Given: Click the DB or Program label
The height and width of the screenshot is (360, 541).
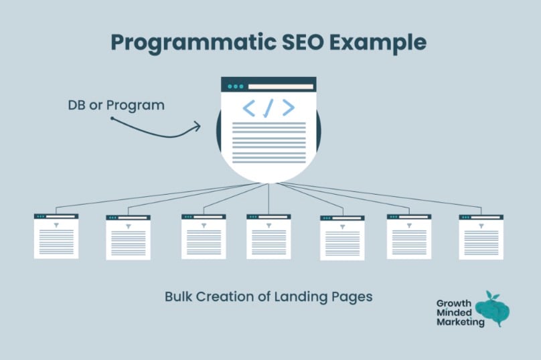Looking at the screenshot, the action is click(116, 106).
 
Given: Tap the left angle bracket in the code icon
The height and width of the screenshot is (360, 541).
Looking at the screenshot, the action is click(248, 108).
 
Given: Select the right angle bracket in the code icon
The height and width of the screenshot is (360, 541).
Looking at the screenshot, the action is click(288, 108).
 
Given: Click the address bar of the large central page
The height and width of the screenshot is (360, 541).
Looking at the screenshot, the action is click(280, 86).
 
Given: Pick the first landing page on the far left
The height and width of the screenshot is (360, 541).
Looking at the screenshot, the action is click(56, 236).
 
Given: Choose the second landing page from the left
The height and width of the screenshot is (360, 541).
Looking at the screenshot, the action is click(128, 238).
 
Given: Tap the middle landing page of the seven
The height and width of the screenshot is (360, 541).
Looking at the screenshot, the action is click(268, 236).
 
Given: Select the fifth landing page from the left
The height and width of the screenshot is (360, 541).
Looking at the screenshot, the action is click(342, 238).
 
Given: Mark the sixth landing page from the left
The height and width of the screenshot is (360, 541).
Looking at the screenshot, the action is click(409, 236).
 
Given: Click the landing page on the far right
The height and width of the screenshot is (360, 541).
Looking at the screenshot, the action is click(481, 237).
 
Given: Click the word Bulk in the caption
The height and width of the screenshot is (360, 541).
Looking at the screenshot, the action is click(179, 296).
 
